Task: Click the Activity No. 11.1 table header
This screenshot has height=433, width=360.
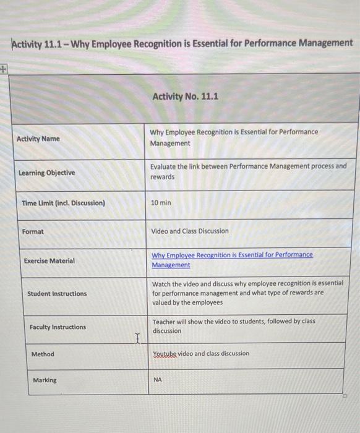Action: click(184, 96)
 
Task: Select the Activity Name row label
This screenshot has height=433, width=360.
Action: click(38, 139)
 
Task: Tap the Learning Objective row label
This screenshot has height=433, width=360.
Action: click(47, 173)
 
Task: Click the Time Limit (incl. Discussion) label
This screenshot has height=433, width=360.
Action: click(64, 203)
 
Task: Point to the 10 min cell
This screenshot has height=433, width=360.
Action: click(161, 203)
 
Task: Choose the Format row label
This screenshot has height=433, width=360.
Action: click(33, 231)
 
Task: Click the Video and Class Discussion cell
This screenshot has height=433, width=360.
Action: click(190, 231)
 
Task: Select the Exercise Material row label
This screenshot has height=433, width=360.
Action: click(49, 260)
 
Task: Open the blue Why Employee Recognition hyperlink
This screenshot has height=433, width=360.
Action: click(232, 255)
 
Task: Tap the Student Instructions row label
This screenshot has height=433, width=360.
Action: click(57, 294)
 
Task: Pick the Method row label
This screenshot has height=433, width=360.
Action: click(43, 354)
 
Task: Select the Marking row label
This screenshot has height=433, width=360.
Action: click(45, 380)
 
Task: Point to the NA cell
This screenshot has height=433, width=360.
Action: click(157, 380)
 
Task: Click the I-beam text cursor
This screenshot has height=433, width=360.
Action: click(138, 337)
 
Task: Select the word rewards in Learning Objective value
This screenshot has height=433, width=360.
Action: click(162, 177)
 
